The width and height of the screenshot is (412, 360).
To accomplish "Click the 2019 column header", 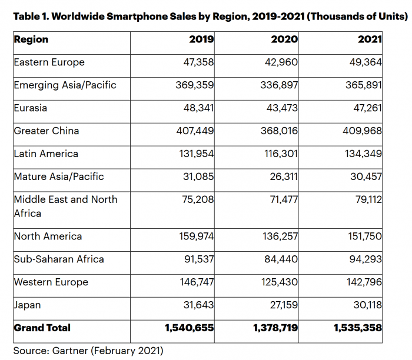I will pos(202,40).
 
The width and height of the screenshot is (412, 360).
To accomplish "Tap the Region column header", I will pos(31,40).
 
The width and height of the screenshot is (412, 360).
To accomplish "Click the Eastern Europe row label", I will pos(49,62).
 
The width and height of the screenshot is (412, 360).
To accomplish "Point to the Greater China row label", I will pos(46,131).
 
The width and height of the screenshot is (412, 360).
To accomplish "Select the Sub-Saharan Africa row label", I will pos(59,259).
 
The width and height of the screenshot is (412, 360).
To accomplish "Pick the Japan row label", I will pos(28,305).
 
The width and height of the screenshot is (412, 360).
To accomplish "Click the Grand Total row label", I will pos(42,328).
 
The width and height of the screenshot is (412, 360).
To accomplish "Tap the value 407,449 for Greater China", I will pos(195,131).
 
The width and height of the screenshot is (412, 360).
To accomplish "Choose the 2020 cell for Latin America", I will pos(279,154).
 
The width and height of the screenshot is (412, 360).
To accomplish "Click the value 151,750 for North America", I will pos(363,236).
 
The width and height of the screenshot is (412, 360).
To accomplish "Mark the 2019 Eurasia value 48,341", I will pos(198,108).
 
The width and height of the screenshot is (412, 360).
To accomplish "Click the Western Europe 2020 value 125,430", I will pos(278,282).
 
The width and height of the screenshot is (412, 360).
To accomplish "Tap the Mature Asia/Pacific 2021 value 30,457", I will pos(366,176).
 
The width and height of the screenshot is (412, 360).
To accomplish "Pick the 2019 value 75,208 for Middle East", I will pos(198,199).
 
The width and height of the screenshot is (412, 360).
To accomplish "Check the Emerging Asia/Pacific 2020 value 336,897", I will pos(278,85).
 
